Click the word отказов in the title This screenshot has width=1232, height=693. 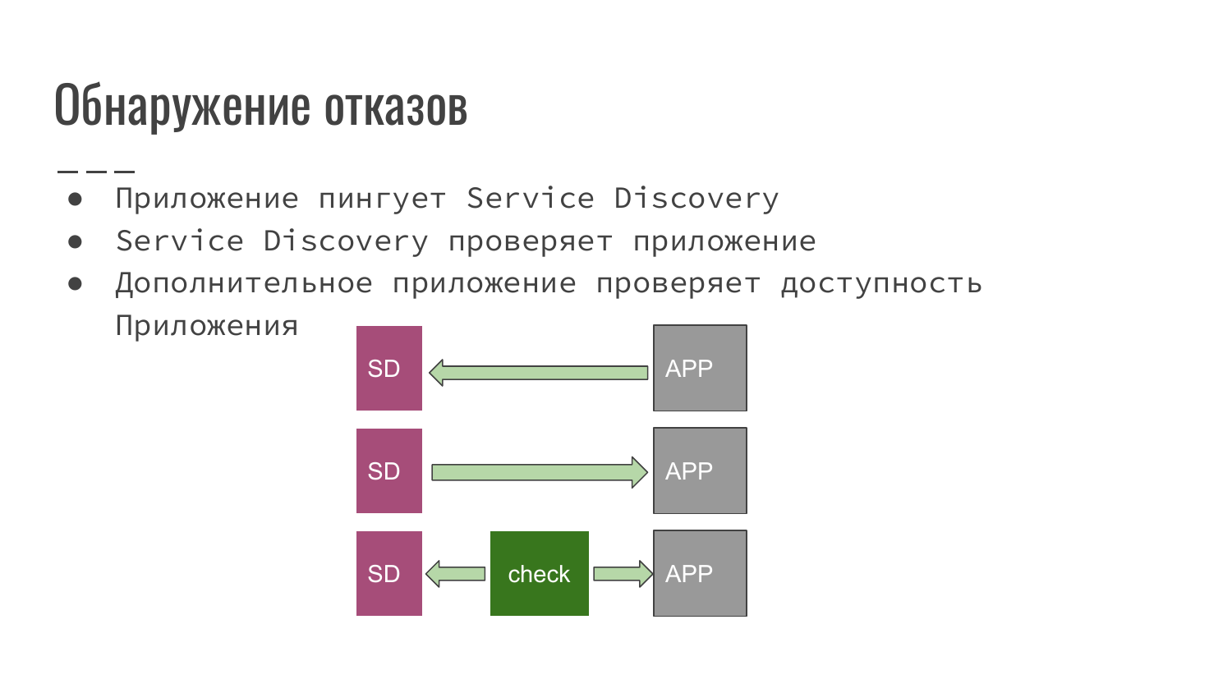396,105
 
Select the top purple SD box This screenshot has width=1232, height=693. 388,368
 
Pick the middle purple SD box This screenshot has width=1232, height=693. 388,470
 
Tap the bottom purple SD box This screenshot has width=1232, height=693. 388,573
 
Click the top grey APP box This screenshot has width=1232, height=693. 700,368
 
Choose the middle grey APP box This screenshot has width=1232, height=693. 700,470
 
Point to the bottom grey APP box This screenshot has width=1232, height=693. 700,573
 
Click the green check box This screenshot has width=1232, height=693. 539,573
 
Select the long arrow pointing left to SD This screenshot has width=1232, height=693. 539,372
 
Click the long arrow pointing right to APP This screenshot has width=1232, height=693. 539,472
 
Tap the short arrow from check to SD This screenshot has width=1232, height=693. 456,573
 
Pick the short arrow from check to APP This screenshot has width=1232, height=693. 623,573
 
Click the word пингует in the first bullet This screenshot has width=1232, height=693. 382,199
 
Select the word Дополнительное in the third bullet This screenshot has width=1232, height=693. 244,283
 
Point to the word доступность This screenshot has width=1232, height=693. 881,283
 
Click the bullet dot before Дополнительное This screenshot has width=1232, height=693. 76,283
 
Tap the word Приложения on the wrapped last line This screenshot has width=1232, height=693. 206,326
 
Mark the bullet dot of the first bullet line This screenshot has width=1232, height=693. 76,199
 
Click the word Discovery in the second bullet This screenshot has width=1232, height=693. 346,241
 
